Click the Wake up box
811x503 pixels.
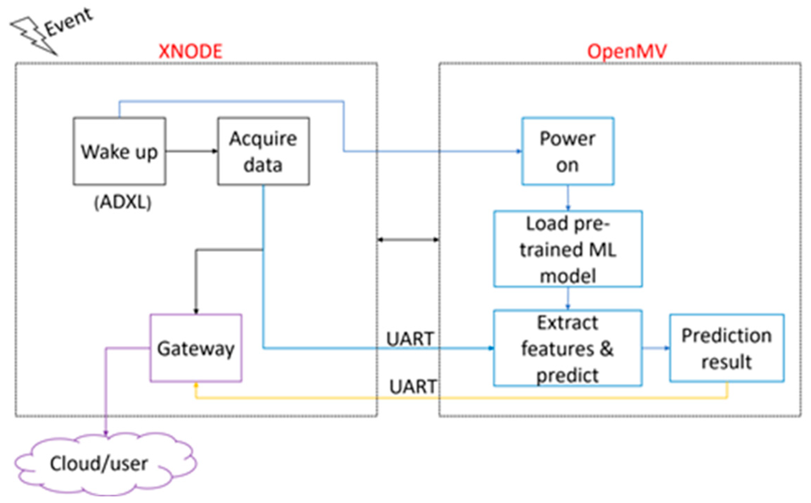pyautogui.click(x=119, y=151)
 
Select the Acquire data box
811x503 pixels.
pyautogui.click(x=263, y=151)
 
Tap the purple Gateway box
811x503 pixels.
pyautogui.click(x=196, y=348)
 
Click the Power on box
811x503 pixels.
pyautogui.click(x=568, y=151)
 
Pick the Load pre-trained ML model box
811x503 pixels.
pyautogui.click(x=568, y=249)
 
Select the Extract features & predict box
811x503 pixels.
pyautogui.click(x=568, y=348)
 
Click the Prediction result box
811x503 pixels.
pyautogui.click(x=726, y=348)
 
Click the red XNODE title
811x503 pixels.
pyautogui.click(x=190, y=52)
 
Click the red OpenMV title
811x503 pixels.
pyautogui.click(x=627, y=52)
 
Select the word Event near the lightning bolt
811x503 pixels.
pyautogui.click(x=69, y=23)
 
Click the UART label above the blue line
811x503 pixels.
pyautogui.click(x=410, y=339)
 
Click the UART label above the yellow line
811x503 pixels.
pyautogui.click(x=413, y=387)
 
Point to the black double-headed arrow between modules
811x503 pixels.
pyautogui.click(x=408, y=239)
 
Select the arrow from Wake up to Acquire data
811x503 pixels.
pyautogui.click(x=191, y=151)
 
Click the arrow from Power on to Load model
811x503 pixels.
pyautogui.click(x=568, y=198)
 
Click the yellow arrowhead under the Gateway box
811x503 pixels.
pyautogui.click(x=196, y=385)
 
